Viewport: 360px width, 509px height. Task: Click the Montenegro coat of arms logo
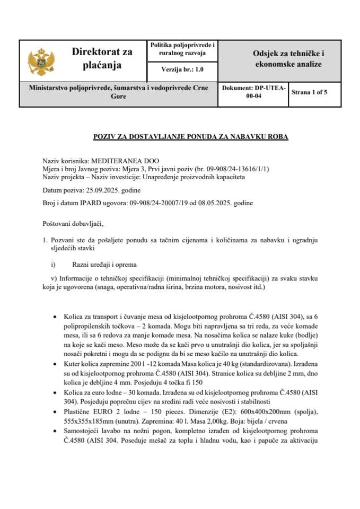39,61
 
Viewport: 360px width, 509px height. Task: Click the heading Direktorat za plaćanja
102,58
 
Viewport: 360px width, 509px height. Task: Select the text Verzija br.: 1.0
182,69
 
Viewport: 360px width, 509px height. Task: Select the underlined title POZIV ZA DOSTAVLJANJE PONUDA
191,137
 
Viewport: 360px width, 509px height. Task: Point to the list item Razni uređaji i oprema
104,264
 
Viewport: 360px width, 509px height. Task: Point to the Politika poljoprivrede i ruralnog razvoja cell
182,49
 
